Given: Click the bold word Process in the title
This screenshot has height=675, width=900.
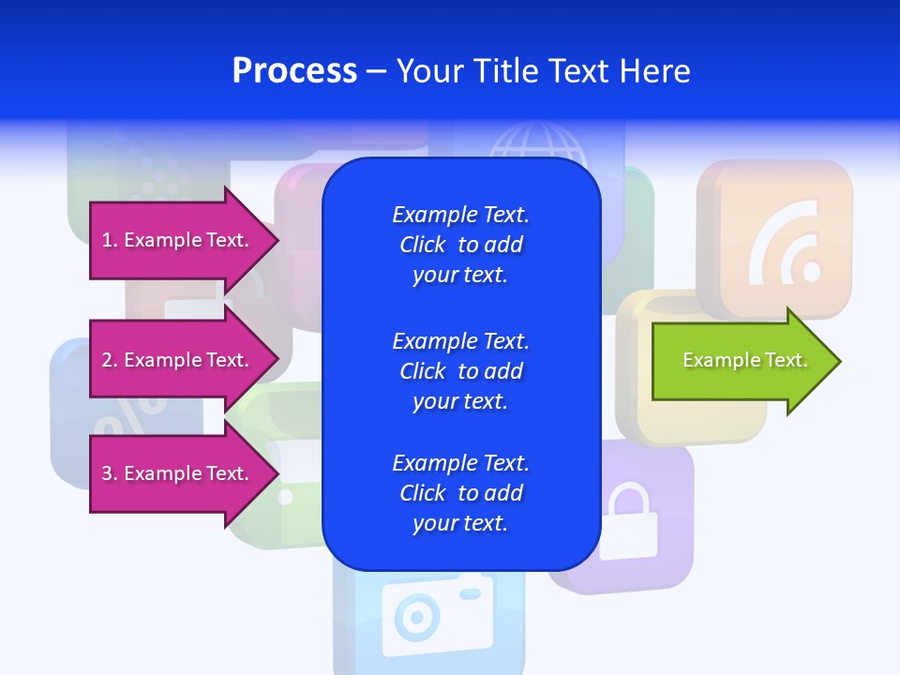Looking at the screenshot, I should click(294, 71).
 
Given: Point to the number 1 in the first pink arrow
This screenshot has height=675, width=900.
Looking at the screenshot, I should click(107, 240).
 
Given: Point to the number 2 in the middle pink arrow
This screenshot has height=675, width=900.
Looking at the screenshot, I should click(107, 360).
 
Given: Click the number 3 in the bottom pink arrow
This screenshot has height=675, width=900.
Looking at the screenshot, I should click(107, 473).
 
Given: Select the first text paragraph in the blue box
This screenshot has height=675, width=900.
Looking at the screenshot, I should click(460, 245).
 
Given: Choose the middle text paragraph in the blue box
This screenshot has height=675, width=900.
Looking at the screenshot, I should click(460, 371).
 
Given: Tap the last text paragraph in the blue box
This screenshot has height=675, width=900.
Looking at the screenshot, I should click(460, 493).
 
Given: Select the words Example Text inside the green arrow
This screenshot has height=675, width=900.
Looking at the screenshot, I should click(745, 360).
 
